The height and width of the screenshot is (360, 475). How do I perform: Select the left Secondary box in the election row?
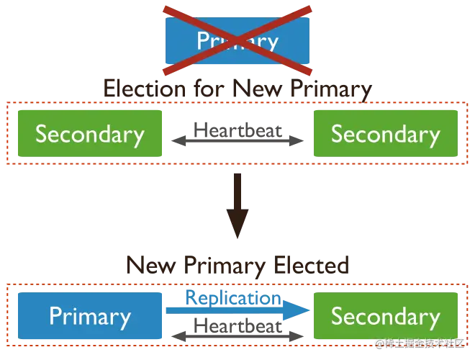pyautogui.click(x=90, y=135)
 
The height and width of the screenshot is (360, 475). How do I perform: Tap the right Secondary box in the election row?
pyautogui.click(x=385, y=135)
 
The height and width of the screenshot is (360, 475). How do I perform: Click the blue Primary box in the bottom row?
pyautogui.click(x=90, y=316)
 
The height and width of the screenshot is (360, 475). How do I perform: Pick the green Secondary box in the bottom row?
pyautogui.click(x=385, y=316)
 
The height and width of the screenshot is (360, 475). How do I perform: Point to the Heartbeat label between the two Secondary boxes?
pyautogui.click(x=237, y=134)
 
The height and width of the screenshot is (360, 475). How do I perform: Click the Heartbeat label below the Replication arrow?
pyautogui.click(x=237, y=330)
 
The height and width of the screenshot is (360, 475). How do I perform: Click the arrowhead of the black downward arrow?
pyautogui.click(x=237, y=230)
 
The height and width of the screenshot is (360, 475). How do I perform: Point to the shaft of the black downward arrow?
pyautogui.click(x=237, y=198)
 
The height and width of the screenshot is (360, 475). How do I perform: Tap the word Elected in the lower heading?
pyautogui.click(x=311, y=266)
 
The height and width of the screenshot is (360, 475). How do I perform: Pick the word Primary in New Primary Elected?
pyautogui.click(x=223, y=266)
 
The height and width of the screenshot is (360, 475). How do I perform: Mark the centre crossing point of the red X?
pyautogui.click(x=237, y=40)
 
